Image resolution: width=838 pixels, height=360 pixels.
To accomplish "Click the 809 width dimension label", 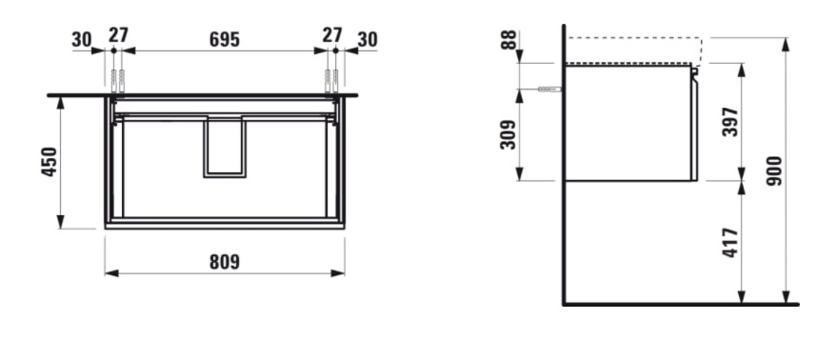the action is click(x=225, y=262).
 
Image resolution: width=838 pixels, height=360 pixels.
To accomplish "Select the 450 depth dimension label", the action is click(x=50, y=162).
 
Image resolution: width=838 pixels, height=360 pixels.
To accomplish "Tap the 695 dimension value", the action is click(x=225, y=40).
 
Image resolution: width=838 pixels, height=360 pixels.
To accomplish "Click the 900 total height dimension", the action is click(x=774, y=170).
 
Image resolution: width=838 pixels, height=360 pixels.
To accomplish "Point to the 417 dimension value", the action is click(x=730, y=243).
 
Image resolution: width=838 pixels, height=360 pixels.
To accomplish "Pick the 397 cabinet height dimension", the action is click(x=730, y=122).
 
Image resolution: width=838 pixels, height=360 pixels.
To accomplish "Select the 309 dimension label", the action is click(x=508, y=134).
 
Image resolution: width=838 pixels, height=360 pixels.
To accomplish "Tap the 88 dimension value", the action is click(x=509, y=40).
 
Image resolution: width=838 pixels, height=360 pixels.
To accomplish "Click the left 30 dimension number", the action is click(x=82, y=40).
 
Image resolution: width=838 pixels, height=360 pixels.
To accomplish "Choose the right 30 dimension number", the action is click(x=368, y=40).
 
